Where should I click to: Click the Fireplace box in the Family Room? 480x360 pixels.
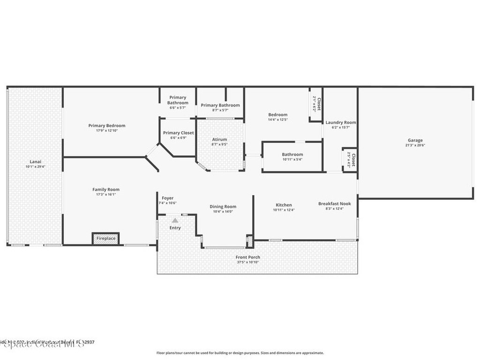(x=105, y=239)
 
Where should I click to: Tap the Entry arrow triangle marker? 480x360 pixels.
(x=175, y=220)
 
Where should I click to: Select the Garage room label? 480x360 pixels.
(x=415, y=140)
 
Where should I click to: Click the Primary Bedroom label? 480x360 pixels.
(x=107, y=126)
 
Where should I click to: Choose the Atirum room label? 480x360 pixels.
(x=219, y=140)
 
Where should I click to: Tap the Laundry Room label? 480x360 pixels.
(x=341, y=122)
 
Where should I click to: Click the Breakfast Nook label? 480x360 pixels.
(x=334, y=203)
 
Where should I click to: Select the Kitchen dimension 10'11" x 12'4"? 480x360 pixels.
(x=284, y=210)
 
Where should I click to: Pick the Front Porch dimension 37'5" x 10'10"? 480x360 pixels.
(x=248, y=262)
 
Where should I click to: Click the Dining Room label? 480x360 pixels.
(x=223, y=206)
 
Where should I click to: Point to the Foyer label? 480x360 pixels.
(x=167, y=198)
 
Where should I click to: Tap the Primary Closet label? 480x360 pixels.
(x=178, y=133)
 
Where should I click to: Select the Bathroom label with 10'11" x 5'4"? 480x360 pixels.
(x=292, y=154)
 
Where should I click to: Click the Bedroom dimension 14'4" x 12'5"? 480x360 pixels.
(x=277, y=120)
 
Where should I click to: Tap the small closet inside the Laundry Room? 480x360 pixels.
(x=350, y=160)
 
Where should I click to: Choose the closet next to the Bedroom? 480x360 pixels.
(x=316, y=104)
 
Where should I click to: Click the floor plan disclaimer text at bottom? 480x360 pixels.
(x=240, y=353)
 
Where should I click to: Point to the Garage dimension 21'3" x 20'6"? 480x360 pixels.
(x=415, y=145)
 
